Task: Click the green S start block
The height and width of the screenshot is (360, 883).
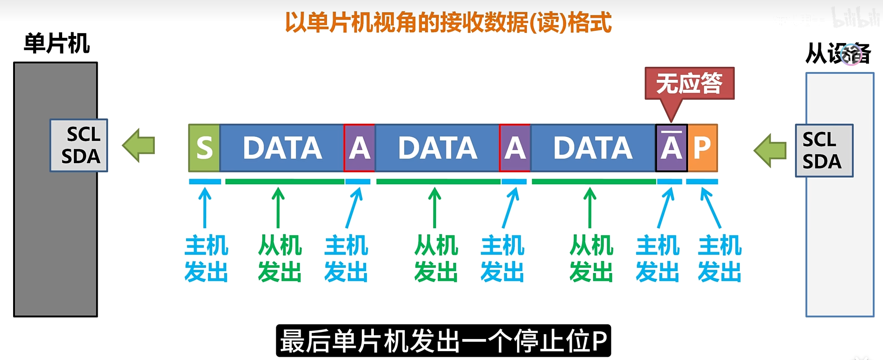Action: [204, 148]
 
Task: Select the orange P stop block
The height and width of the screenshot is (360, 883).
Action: [702, 148]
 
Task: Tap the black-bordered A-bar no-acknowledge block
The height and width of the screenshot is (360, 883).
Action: [671, 148]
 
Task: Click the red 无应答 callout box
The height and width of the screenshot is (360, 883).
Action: [689, 83]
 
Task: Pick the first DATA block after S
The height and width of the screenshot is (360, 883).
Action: [282, 148]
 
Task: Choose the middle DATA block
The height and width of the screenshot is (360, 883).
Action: [438, 148]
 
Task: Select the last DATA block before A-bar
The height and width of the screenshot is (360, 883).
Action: [593, 148]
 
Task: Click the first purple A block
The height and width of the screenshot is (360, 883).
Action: [359, 148]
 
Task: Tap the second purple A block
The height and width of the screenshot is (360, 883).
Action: [515, 148]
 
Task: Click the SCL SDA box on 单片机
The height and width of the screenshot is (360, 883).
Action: [79, 145]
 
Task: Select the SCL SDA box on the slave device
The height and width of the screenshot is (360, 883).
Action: [824, 151]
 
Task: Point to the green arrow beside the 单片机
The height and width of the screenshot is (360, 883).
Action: [139, 145]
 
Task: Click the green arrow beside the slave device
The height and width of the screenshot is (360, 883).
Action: [770, 151]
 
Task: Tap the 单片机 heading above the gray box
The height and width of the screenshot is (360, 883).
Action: [57, 44]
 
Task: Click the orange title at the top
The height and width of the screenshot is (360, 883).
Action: [448, 22]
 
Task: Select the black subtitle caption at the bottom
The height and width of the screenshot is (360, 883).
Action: [443, 341]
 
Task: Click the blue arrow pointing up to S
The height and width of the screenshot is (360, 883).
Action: [205, 207]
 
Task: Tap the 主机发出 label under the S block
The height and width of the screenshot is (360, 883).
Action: [206, 259]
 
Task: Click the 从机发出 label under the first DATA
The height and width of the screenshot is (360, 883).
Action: [280, 259]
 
